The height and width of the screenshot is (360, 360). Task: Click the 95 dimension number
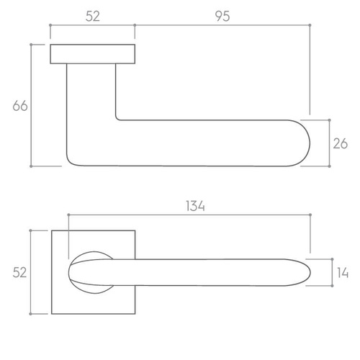pyautogui.click(x=222, y=17)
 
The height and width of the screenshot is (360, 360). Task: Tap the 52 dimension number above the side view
pyautogui.click(x=93, y=17)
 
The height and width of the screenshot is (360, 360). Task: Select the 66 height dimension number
pyautogui.click(x=20, y=106)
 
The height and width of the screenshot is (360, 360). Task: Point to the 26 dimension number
pyautogui.click(x=340, y=144)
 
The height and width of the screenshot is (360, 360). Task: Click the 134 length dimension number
pyautogui.click(x=195, y=206)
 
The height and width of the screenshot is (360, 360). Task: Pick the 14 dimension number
pyautogui.click(x=343, y=273)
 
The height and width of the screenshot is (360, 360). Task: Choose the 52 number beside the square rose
pyautogui.click(x=19, y=273)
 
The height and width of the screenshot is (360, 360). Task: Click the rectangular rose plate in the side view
pyautogui.click(x=93, y=54)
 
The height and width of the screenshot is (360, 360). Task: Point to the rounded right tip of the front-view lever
pyautogui.click(x=310, y=273)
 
